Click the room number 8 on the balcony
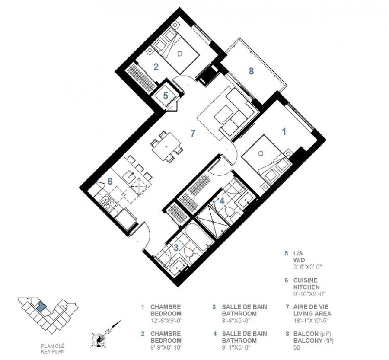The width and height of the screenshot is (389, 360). pyautogui.click(x=251, y=71)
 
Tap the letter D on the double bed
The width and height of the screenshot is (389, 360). pyautogui.click(x=180, y=54)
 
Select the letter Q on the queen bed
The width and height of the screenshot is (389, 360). pyautogui.click(x=261, y=154)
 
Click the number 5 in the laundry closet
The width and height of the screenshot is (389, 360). pyautogui.click(x=166, y=96)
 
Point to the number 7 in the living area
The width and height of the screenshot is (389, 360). pyautogui.click(x=193, y=133)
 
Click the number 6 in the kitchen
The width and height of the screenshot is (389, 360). pyautogui.click(x=110, y=182)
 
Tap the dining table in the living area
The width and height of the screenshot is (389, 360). pyautogui.click(x=166, y=147)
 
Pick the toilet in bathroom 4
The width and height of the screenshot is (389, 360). pyautogui.click(x=231, y=214)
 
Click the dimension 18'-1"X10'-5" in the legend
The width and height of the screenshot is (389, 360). pyautogui.click(x=311, y=321)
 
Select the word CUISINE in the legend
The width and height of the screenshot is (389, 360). pyautogui.click(x=306, y=280)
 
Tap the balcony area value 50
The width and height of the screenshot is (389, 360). pyautogui.click(x=297, y=347)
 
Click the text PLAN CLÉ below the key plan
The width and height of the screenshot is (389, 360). pyautogui.click(x=53, y=346)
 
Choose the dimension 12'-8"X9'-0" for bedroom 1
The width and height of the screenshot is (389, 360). pyautogui.click(x=166, y=321)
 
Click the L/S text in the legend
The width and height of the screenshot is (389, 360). pyautogui.click(x=298, y=254)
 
